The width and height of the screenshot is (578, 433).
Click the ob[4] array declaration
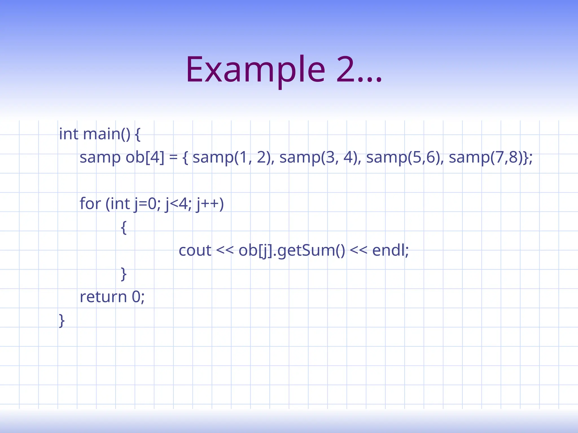tap(145, 157)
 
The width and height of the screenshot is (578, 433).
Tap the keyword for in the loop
tap(90, 204)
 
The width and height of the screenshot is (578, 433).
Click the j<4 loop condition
tap(178, 204)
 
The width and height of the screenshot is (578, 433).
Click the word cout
tap(195, 250)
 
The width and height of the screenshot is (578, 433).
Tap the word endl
tap(389, 250)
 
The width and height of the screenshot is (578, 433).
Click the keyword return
tap(103, 297)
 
